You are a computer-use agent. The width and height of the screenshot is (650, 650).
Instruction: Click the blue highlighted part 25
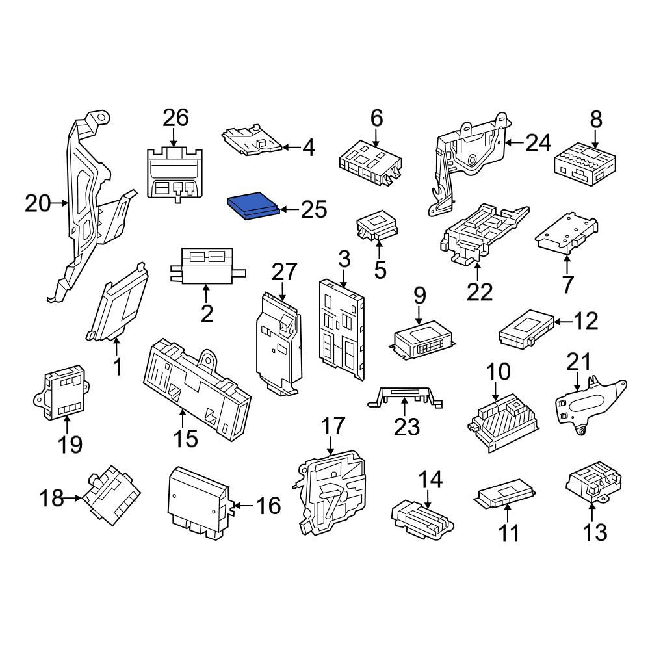[253, 206]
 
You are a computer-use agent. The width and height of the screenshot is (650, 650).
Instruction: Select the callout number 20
[38, 203]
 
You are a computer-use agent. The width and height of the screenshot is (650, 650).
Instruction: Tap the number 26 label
[175, 118]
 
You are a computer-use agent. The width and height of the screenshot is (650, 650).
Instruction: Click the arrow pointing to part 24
[515, 142]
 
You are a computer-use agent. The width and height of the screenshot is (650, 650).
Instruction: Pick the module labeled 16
[199, 503]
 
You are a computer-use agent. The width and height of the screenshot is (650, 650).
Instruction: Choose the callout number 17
[333, 426]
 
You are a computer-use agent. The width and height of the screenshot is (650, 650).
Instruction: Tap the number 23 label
[407, 426]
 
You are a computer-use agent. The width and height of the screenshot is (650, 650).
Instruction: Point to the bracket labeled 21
[590, 404]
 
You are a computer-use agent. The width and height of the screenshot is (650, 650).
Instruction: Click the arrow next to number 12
[563, 321]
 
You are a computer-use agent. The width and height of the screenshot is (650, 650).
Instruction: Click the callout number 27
[285, 272]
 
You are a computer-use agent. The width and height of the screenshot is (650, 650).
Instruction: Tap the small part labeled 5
[377, 226]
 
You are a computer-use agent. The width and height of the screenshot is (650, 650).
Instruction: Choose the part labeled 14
[422, 520]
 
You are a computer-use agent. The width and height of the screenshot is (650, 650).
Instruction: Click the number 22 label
[480, 292]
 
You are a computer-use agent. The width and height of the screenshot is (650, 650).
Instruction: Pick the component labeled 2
[207, 266]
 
